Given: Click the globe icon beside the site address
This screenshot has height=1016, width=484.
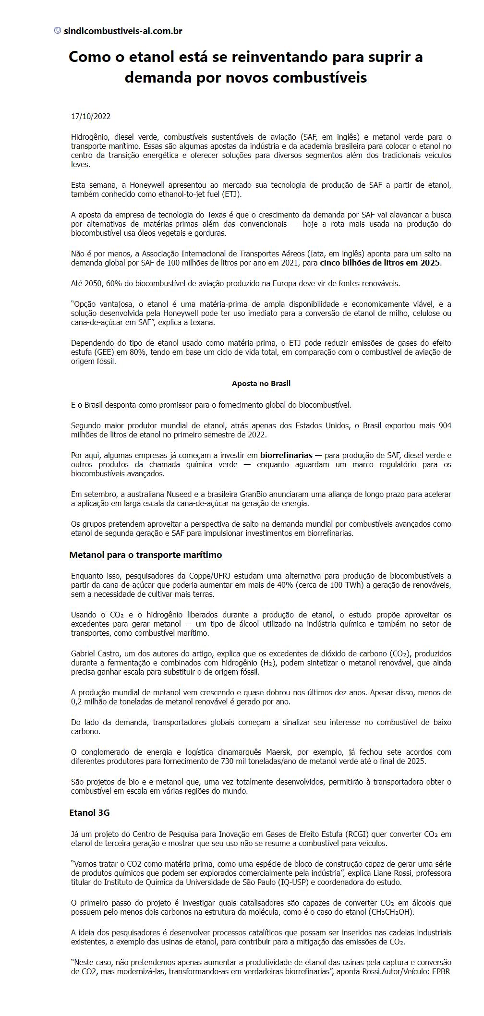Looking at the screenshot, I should [x=58, y=31].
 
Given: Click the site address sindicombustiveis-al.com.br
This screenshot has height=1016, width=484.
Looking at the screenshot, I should [x=123, y=31].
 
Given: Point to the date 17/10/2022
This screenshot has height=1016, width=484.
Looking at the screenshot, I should [x=91, y=116].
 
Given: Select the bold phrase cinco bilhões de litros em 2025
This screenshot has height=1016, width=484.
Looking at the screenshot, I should [x=380, y=263].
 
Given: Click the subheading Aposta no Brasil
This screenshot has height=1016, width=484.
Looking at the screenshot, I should [x=261, y=383].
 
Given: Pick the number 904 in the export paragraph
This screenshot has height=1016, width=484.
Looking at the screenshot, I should [x=445, y=425].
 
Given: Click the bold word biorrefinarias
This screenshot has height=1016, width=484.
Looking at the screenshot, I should [x=286, y=455].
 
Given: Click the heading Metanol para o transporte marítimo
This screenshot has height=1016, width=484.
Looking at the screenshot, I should [x=145, y=555].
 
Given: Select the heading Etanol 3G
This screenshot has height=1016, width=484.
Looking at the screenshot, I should [x=89, y=812].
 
